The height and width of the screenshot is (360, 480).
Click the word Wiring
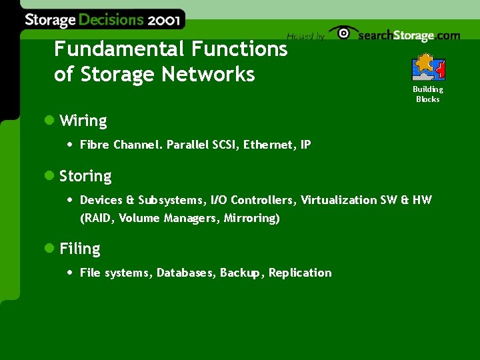(x=83, y=121)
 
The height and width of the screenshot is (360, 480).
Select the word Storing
(x=85, y=177)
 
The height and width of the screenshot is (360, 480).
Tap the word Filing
(x=80, y=249)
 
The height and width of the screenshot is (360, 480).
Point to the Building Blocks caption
(x=427, y=94)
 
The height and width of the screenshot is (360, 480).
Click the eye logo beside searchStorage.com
(x=343, y=33)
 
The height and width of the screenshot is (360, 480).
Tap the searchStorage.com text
(x=409, y=36)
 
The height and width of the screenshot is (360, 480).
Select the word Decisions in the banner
(x=111, y=19)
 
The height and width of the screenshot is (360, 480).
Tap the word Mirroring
(x=251, y=218)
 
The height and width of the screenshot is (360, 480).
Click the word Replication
(x=300, y=273)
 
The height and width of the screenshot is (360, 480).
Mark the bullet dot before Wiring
(x=48, y=121)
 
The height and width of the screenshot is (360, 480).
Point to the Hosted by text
(x=305, y=37)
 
